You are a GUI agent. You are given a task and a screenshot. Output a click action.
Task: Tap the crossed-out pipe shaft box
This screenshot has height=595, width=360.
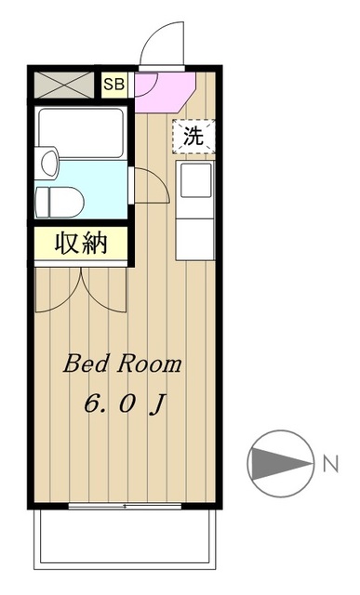(66, 86)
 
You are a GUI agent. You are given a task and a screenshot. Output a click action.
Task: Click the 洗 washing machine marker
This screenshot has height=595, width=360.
(193, 135)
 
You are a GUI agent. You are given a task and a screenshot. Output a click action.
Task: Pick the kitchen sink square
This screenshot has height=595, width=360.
(196, 181)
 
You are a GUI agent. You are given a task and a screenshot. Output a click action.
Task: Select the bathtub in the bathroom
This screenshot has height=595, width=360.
(81, 133)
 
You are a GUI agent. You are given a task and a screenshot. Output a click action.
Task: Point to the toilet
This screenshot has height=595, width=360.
(60, 201)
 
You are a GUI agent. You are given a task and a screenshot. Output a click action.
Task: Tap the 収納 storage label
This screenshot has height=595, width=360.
(81, 245)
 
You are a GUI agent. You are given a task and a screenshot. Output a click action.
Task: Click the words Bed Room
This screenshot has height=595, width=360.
(122, 364)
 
